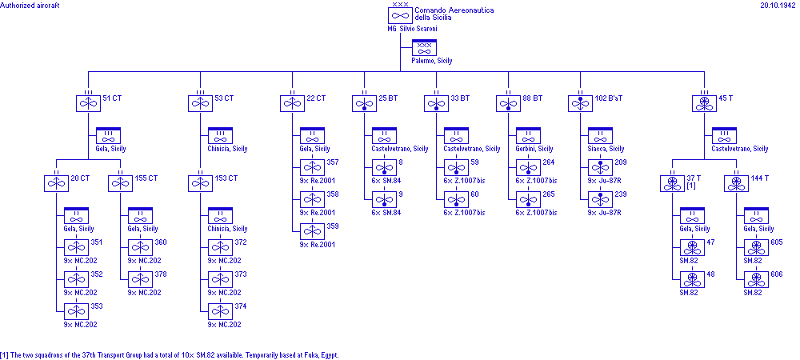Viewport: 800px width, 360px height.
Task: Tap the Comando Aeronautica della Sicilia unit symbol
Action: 400,15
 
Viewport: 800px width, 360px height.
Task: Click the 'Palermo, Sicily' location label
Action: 432,61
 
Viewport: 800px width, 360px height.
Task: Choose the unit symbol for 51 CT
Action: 88,103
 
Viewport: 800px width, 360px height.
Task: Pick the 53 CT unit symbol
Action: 200,103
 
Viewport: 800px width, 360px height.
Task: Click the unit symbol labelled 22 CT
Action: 292,103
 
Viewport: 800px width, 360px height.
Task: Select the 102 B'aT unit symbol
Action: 580,103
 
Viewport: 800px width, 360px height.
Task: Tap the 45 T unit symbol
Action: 704,103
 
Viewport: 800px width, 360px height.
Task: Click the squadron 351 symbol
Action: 76,247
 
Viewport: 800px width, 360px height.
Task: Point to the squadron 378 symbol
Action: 140,279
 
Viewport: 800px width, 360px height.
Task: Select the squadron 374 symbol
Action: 220,311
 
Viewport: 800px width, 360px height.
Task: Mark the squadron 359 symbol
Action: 312,231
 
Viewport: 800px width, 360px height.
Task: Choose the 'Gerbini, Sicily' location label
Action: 534,149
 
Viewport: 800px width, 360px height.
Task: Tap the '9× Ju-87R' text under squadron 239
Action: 606,212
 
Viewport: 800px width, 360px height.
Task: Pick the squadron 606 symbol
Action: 756,279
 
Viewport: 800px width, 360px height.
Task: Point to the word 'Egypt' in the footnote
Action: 329,354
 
